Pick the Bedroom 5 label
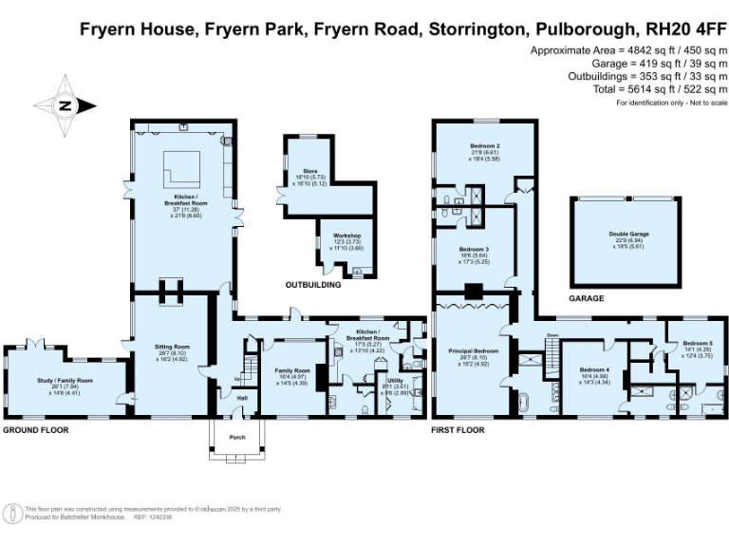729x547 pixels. [698, 343]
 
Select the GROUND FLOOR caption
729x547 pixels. [36, 430]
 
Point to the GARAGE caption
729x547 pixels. [587, 298]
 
